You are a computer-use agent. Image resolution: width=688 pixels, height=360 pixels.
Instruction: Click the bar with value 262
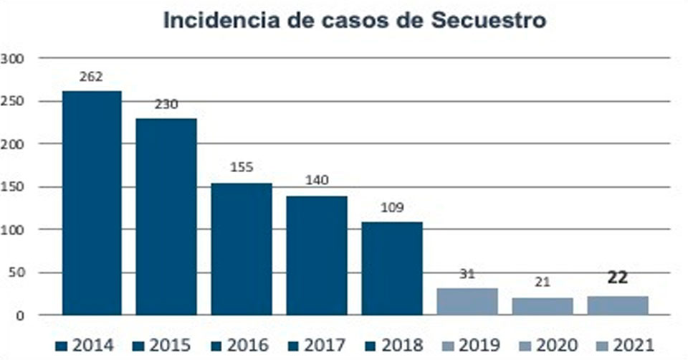click(92, 202)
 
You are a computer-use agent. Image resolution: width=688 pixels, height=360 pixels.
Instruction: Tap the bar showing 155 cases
click(242, 248)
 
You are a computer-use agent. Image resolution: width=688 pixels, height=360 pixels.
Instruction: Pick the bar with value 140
click(317, 255)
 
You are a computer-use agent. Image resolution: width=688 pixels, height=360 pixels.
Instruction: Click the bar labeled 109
click(392, 267)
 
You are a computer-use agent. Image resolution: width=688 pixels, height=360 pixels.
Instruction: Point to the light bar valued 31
click(467, 301)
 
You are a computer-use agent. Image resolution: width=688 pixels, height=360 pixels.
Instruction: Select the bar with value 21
click(543, 305)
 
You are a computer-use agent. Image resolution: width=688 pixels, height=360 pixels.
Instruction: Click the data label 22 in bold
click(617, 278)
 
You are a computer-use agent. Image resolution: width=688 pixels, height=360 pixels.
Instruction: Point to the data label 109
click(392, 208)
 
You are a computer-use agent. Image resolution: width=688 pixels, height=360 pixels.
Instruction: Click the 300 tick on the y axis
click(14, 58)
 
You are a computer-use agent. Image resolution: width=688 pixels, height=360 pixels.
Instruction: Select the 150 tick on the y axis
click(14, 186)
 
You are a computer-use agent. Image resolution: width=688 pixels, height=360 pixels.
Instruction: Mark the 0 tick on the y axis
click(21, 315)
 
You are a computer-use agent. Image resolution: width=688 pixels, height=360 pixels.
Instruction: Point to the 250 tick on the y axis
click(14, 101)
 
